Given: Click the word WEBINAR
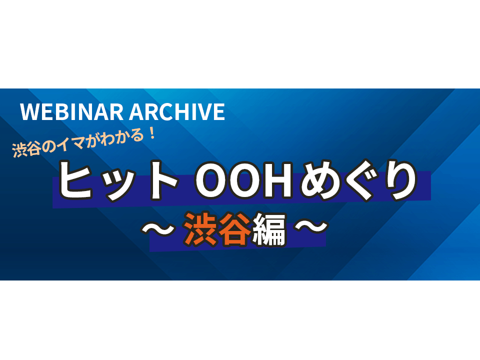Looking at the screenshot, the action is tap(71, 111).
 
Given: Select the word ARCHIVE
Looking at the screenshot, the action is tap(177, 111).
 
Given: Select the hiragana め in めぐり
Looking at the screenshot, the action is tap(318, 180).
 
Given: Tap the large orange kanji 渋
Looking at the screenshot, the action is tap(201, 229).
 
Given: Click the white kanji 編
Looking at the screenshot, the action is tap(269, 229).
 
